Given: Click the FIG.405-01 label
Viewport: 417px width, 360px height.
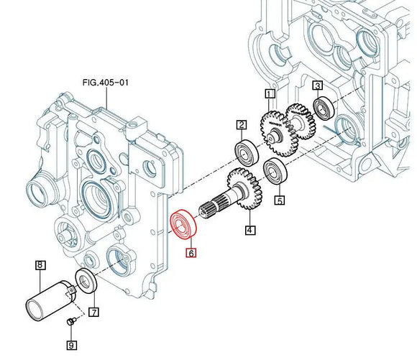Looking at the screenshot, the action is click(106, 83).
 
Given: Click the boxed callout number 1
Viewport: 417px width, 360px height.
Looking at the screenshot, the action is click(270, 94).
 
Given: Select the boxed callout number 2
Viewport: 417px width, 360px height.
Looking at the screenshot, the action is click(242, 125).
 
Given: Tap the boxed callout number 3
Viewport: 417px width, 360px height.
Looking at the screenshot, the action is click(318, 86).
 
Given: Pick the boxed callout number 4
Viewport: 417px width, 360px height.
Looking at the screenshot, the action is click(249, 230).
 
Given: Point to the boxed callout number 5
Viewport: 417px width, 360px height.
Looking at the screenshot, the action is click(280, 200).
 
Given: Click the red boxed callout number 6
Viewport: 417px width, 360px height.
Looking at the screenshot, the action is click(191, 253).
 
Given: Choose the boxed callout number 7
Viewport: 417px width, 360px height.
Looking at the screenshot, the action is click(94, 312).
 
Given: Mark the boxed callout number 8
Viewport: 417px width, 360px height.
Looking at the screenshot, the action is click(40, 265).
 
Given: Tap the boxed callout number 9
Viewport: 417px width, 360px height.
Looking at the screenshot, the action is click(71, 346).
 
